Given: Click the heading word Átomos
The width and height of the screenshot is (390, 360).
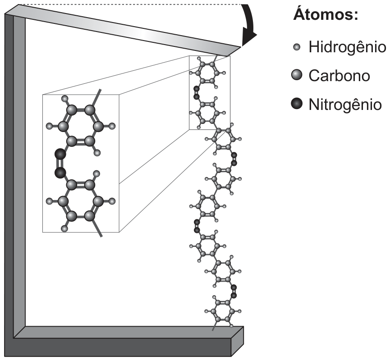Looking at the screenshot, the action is click(x=326, y=14).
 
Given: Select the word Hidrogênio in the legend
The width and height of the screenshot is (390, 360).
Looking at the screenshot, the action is click(x=347, y=47).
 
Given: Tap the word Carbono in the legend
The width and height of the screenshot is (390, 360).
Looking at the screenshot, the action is click(x=339, y=76).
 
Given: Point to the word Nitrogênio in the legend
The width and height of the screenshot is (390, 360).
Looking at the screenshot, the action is click(x=345, y=105).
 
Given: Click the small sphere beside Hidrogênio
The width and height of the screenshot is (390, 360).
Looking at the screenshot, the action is click(x=297, y=47).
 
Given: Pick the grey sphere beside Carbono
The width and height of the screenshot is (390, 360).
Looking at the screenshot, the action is click(x=297, y=75).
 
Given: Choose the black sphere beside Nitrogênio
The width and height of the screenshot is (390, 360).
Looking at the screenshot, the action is click(x=297, y=104).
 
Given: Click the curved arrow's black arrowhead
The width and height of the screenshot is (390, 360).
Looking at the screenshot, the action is click(x=249, y=39).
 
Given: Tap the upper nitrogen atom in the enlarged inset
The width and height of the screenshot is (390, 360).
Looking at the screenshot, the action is click(x=60, y=154).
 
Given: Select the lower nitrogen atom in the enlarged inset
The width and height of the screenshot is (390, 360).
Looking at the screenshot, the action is click(x=60, y=173).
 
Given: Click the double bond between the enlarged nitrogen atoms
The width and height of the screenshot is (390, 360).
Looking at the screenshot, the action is click(x=59, y=164).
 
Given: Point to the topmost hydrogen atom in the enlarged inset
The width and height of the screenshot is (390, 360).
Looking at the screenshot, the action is click(x=64, y=99).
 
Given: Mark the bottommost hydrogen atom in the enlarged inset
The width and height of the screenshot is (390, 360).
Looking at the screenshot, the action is click(x=64, y=229).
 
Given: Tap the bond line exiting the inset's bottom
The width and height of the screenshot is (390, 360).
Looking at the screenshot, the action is click(x=97, y=228).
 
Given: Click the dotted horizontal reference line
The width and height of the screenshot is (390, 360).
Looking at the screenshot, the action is click(x=130, y=5).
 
